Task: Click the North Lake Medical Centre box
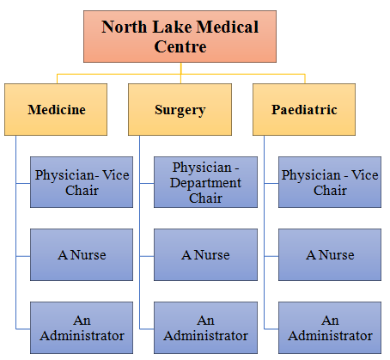pyautogui.click(x=180, y=36)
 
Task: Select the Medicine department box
pyautogui.click(x=56, y=109)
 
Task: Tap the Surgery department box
pyautogui.click(x=180, y=109)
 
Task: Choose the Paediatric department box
pyautogui.click(x=304, y=109)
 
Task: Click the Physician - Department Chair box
pyautogui.click(x=205, y=182)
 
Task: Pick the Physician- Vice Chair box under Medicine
pyautogui.click(x=82, y=182)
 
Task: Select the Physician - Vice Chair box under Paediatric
pyautogui.click(x=330, y=182)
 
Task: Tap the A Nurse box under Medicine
pyautogui.click(x=82, y=254)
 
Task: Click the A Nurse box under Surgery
pyautogui.click(x=205, y=254)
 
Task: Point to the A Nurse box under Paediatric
pyautogui.click(x=330, y=254)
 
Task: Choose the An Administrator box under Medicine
pyautogui.click(x=82, y=327)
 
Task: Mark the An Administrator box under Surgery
pyautogui.click(x=205, y=327)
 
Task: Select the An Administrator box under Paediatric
pyautogui.click(x=330, y=327)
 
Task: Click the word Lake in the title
pyautogui.click(x=172, y=27)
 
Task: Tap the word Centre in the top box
pyautogui.click(x=180, y=46)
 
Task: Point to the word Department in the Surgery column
pyautogui.click(x=205, y=183)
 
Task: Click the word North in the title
pyautogui.click(x=125, y=27)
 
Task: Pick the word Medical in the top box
pyautogui.click(x=228, y=27)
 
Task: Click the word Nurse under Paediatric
pyautogui.click(x=337, y=255)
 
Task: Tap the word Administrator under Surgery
pyautogui.click(x=205, y=336)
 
